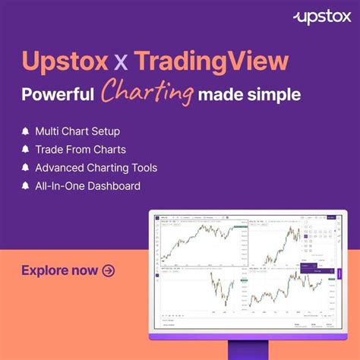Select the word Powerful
(58, 96)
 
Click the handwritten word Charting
(147, 94)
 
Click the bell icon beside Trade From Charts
(27, 150)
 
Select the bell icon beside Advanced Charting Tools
(27, 168)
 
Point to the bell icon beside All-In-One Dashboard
(27, 186)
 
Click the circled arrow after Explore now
(109, 270)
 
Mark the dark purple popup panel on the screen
(312, 267)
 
